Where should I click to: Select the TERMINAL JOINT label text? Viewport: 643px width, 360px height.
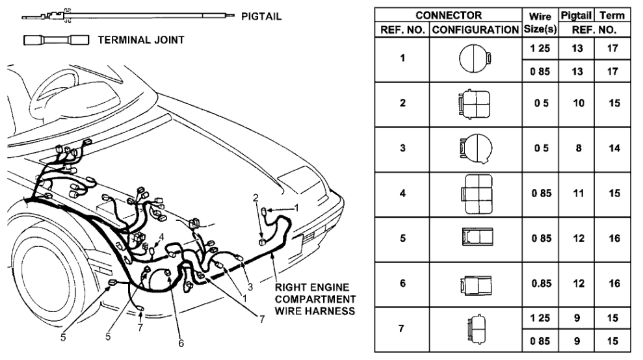coord(140,40)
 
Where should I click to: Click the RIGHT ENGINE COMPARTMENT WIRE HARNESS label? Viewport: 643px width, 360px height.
coord(315,299)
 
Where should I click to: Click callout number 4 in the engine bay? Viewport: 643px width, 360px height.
coord(161,237)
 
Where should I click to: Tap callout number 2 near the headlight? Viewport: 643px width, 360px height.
coord(256,197)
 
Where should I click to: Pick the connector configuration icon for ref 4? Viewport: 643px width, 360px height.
coord(476,194)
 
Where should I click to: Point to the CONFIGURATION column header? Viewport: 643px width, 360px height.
coord(476,30)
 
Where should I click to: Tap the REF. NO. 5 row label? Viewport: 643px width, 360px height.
coord(402,238)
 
